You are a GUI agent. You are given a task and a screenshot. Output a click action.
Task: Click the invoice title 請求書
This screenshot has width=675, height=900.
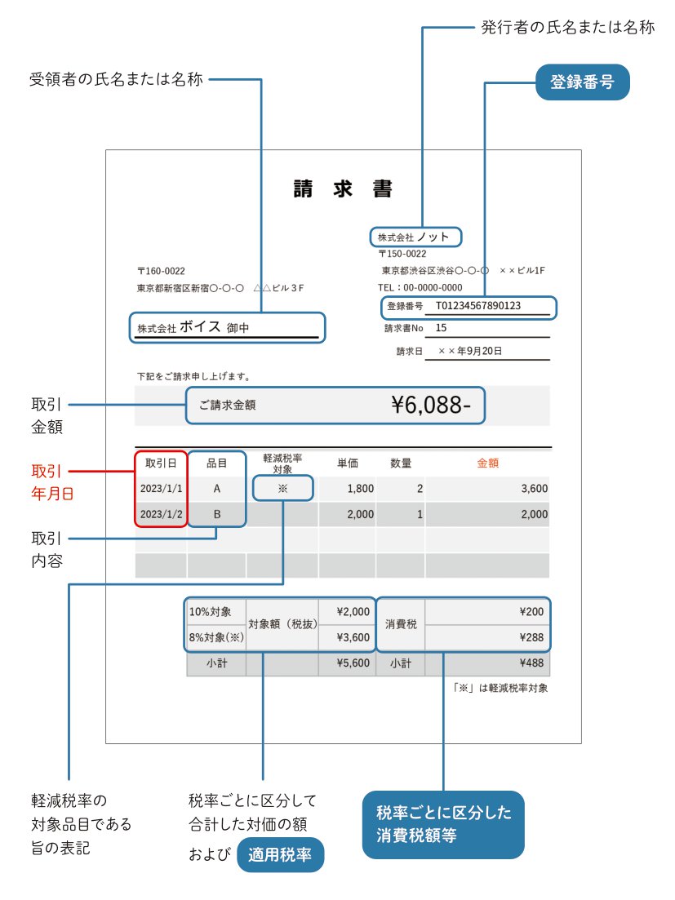click(x=343, y=189)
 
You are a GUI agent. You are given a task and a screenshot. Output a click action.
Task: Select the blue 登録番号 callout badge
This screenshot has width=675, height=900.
click(x=582, y=82)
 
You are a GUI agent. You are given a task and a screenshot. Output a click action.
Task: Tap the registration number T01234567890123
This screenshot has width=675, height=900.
click(x=478, y=306)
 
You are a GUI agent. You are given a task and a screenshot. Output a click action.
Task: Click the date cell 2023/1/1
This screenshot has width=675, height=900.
click(x=161, y=489)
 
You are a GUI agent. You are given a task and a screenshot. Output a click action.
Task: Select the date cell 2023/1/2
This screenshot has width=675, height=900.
click(x=161, y=515)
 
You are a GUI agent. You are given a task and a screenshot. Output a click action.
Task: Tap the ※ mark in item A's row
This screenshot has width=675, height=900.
click(x=282, y=489)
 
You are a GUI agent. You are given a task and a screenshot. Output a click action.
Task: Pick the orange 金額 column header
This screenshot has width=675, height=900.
click(x=487, y=463)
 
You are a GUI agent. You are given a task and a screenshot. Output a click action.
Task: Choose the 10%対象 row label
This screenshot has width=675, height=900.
click(x=211, y=611)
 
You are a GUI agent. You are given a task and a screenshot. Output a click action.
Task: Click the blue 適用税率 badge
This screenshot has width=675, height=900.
click(x=280, y=855)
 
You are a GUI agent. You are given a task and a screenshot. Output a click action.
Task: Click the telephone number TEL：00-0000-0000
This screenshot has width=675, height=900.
click(x=420, y=287)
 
